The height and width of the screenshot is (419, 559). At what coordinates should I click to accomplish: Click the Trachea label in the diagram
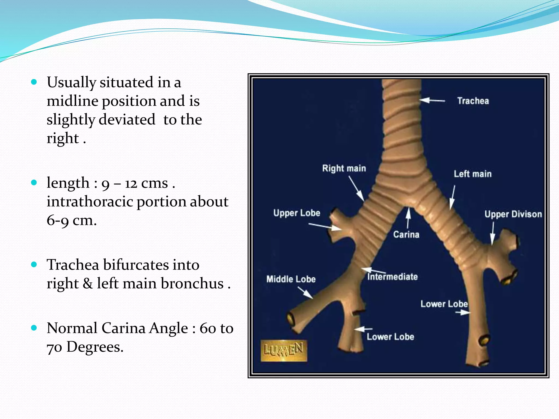coord(473,101)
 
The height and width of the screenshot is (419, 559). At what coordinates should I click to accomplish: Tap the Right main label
coord(344,168)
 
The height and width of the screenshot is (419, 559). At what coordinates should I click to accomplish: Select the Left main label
coord(472,174)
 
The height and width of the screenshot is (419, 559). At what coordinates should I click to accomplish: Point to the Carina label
coord(406,235)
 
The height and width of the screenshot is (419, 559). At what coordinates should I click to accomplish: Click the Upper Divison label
coord(513,214)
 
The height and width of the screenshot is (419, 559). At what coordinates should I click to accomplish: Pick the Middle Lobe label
coord(291,279)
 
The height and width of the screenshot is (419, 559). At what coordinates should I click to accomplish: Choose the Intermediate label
coord(393,277)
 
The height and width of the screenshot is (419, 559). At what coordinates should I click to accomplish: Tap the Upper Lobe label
coord(297,213)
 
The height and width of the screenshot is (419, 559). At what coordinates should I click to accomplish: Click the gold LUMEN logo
coord(284,351)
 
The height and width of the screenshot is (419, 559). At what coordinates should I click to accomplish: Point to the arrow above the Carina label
coord(408,217)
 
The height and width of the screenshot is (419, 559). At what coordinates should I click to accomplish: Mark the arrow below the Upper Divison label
coord(493,234)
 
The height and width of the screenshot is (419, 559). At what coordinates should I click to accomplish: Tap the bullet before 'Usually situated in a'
coord(34,82)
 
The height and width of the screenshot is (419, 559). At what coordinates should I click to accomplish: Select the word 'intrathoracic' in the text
coord(90,202)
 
